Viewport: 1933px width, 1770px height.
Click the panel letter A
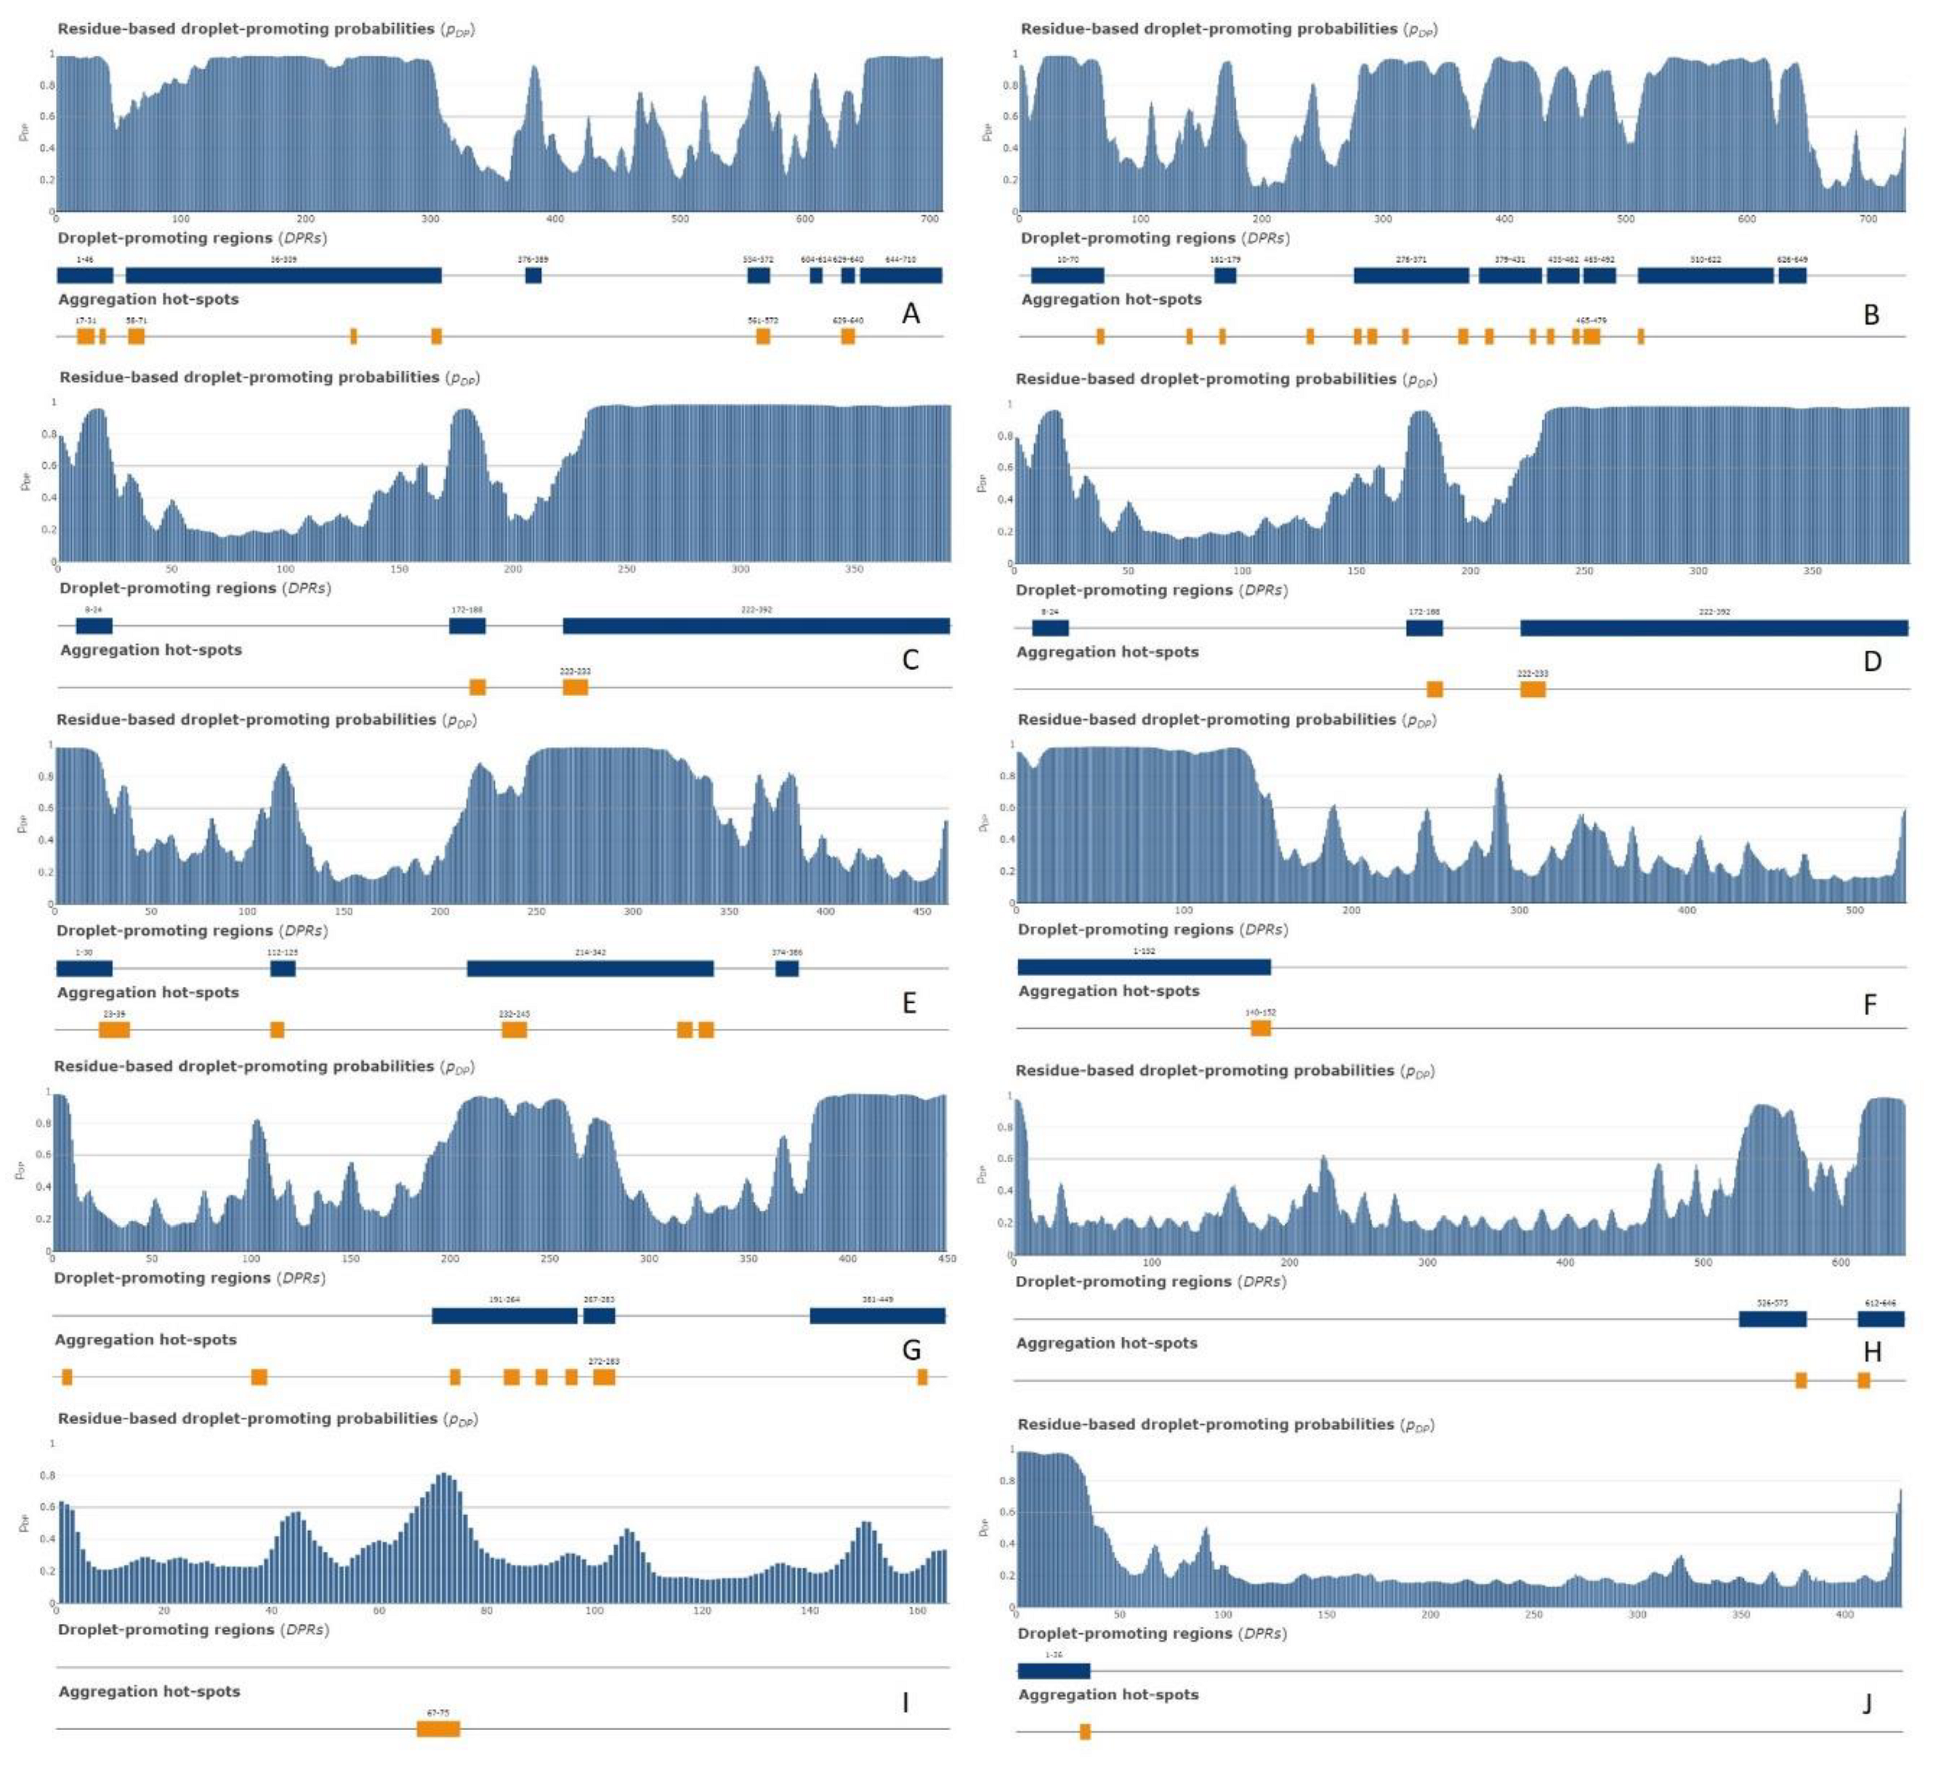[x=910, y=313]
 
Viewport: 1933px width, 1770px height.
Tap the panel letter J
[x=1866, y=1703]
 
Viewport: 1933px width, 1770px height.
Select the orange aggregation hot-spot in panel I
[x=438, y=1729]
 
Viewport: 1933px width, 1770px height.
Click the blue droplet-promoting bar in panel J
[x=1054, y=1670]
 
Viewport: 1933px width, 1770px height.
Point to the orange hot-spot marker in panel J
[x=1085, y=1731]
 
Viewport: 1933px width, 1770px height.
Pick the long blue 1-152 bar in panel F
[x=1144, y=966]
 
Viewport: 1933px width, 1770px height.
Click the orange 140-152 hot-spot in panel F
[x=1261, y=1028]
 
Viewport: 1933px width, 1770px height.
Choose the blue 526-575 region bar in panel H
[x=1772, y=1318]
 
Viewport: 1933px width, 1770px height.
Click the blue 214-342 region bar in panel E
[x=590, y=968]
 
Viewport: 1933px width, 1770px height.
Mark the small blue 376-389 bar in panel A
[x=533, y=275]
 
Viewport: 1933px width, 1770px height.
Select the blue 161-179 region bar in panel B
[x=1224, y=275]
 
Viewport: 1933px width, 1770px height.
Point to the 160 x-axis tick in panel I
[x=917, y=1611]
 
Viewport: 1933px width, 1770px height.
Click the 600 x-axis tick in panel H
[x=1840, y=1263]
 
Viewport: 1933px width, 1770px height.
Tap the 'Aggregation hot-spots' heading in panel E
[x=147, y=992]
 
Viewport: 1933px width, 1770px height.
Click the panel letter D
[x=1872, y=661]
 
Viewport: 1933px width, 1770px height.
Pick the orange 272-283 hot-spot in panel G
[x=604, y=1377]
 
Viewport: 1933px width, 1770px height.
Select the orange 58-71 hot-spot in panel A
[x=136, y=335]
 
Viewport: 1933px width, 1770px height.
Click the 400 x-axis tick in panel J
[x=1845, y=1615]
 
